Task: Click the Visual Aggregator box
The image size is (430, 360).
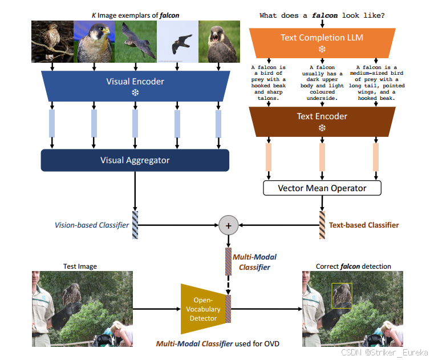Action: coord(135,160)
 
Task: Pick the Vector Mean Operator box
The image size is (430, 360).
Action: coord(322,188)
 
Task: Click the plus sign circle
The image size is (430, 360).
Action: coord(228,225)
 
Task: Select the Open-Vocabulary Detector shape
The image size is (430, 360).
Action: coord(202,308)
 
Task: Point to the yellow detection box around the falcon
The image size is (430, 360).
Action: coord(342,296)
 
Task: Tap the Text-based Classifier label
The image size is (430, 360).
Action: coord(364,225)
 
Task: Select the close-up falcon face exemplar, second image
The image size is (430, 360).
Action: coord(94,42)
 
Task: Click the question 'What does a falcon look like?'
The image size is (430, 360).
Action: coord(322,15)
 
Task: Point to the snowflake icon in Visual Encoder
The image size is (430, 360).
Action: coord(135,92)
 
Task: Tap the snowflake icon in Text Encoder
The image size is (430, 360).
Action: coord(322,128)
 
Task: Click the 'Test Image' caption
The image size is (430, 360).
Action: coord(80,266)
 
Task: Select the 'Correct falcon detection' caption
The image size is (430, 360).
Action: coord(354,266)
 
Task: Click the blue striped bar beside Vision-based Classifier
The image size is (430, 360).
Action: coord(135,225)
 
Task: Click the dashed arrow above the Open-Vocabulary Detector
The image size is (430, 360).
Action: coord(228,282)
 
